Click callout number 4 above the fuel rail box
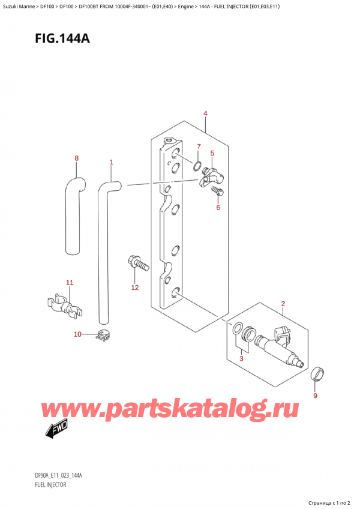205,113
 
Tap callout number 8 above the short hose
76,158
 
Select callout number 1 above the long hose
111,162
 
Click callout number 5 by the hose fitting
212,154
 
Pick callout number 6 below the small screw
218,208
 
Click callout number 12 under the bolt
135,288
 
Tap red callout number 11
70,282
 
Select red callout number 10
77,334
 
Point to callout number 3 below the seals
242,359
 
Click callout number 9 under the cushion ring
316,396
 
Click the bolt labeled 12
136,262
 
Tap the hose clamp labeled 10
103,337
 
